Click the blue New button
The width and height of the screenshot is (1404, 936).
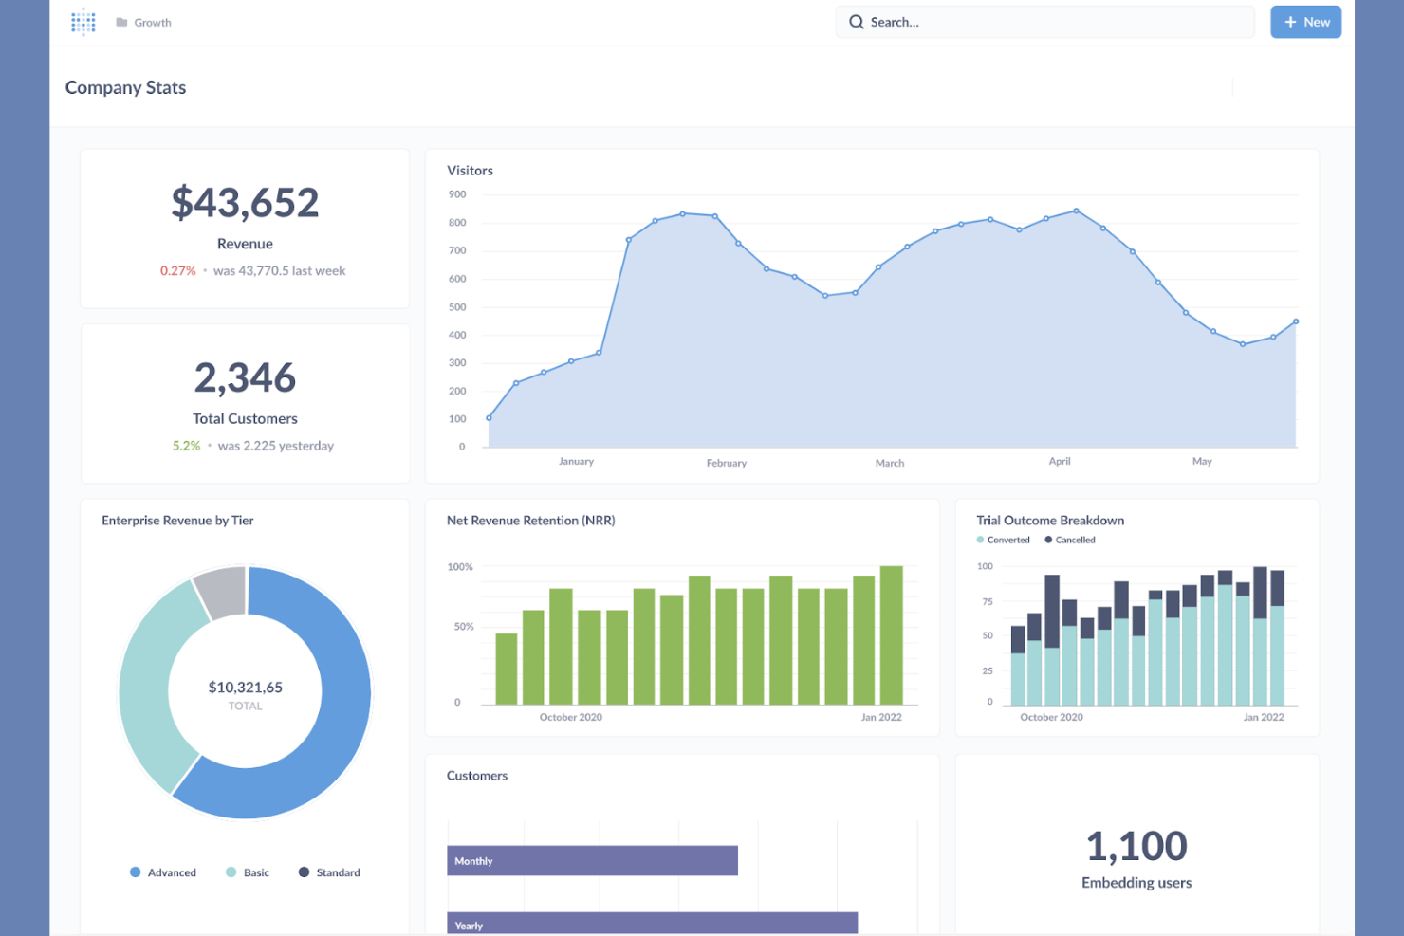(x=1305, y=22)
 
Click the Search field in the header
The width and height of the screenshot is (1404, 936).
(x=1044, y=22)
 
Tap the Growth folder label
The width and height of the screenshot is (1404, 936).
(x=152, y=23)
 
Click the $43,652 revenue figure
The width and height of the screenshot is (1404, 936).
(x=245, y=203)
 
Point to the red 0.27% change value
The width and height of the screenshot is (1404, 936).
(x=177, y=271)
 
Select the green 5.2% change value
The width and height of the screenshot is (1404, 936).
(x=186, y=446)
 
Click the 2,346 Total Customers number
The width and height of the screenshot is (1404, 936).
(x=245, y=378)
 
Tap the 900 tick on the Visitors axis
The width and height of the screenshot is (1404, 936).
(x=457, y=194)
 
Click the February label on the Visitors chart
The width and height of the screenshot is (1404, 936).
(x=726, y=464)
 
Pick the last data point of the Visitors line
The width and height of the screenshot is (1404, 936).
(x=1296, y=321)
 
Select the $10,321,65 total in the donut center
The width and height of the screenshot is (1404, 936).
(x=245, y=688)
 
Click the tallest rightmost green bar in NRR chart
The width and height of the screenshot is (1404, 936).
(x=891, y=635)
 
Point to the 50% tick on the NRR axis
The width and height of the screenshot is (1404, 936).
(x=463, y=627)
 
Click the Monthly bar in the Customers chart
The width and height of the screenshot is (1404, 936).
(x=592, y=861)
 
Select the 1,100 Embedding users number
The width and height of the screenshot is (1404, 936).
(x=1136, y=846)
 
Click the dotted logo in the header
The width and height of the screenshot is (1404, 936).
(x=83, y=22)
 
